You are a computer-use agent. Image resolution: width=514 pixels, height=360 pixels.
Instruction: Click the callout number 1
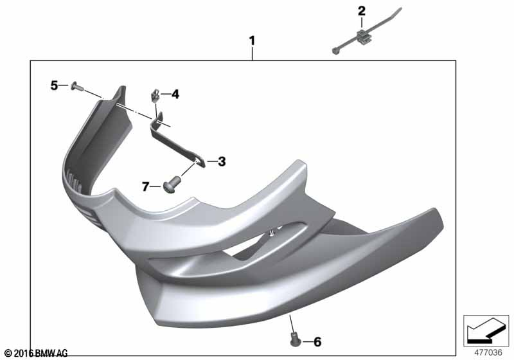[x=252, y=41]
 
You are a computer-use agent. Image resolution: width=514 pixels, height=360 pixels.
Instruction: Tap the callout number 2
[x=361, y=11]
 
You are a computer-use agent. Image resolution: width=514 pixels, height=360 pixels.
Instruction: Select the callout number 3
[x=222, y=161]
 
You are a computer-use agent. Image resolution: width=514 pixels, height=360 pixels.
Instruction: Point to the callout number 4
[x=175, y=94]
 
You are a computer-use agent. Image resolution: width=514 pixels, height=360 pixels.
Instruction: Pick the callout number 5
[x=54, y=85]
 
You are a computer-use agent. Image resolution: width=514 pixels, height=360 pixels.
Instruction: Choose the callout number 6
[x=317, y=342]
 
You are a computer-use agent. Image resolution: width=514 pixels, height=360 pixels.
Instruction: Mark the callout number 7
[x=146, y=186]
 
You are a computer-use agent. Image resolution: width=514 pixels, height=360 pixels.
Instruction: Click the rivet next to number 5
[x=76, y=87]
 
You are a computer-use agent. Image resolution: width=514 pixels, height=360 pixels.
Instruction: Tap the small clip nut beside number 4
[x=155, y=96]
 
